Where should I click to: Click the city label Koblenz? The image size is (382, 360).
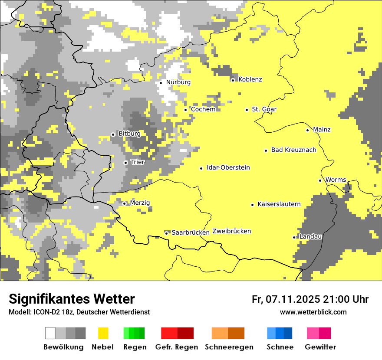click(x=250, y=79)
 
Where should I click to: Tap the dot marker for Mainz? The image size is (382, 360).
click(x=308, y=130)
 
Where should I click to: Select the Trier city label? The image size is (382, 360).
click(x=138, y=162)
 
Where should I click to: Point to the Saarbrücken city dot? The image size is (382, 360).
click(x=166, y=233)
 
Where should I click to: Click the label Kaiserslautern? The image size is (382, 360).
click(x=279, y=204)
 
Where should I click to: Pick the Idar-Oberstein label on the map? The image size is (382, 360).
click(x=228, y=167)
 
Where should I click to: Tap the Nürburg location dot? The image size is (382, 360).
click(x=161, y=83)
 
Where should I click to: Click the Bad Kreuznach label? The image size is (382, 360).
click(x=293, y=150)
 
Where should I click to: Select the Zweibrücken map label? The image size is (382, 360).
click(x=231, y=231)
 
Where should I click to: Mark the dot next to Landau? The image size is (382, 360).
click(x=294, y=237)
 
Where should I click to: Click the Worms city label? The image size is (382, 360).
click(x=336, y=180)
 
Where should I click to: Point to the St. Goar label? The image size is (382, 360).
click(x=264, y=109)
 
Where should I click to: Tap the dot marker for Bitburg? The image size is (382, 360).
click(x=113, y=134)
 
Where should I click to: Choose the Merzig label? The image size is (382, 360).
click(x=140, y=203)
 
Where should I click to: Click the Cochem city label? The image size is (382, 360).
click(x=203, y=109)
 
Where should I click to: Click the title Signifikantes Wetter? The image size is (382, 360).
click(x=72, y=299)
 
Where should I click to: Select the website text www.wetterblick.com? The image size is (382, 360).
click(x=313, y=312)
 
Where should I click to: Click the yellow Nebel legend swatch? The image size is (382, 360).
click(x=103, y=333)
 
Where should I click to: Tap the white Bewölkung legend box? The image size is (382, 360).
click(x=50, y=333)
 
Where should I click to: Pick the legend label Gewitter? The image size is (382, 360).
click(x=320, y=347)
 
